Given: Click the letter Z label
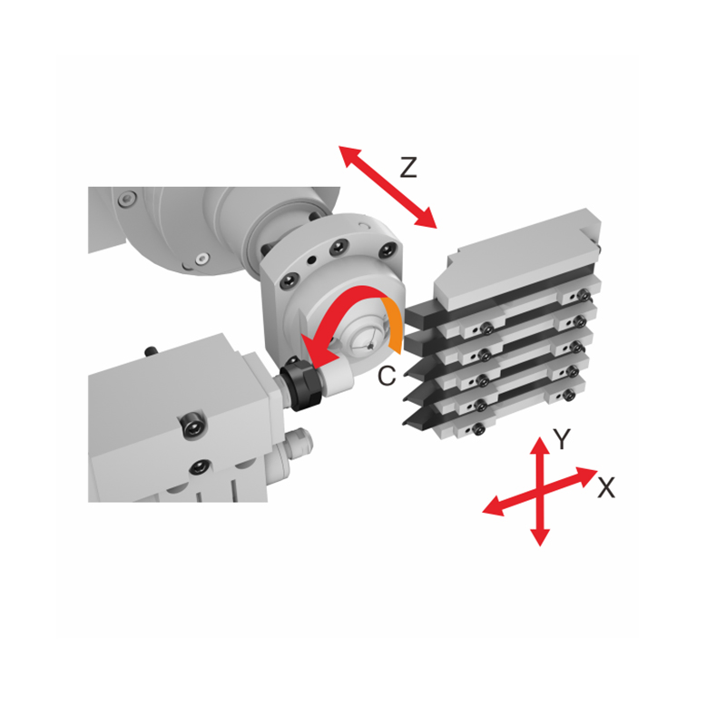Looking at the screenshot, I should (x=408, y=166).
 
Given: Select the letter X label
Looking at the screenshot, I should (x=606, y=488).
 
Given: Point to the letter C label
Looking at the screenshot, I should (x=387, y=377).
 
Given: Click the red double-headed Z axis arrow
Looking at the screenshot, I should (x=388, y=186).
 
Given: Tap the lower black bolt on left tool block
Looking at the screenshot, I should (x=194, y=468).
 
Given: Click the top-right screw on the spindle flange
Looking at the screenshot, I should (x=386, y=250).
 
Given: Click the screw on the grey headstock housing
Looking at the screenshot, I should (x=126, y=197).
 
